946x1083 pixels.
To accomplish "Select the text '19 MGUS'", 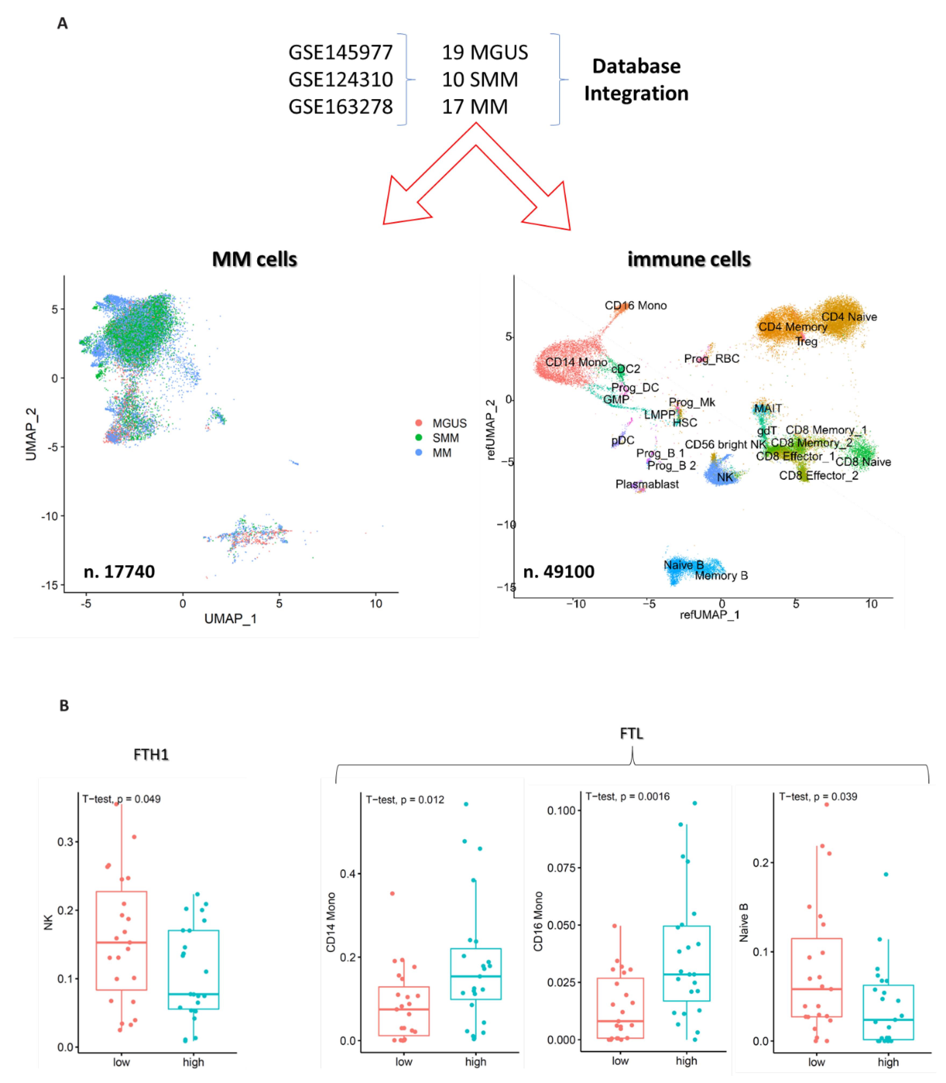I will point(485,52).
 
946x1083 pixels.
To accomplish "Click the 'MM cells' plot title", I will point(255,259).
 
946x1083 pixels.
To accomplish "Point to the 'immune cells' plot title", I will point(689,259).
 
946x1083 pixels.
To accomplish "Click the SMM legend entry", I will point(445,438).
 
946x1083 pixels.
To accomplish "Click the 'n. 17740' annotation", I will point(119,572).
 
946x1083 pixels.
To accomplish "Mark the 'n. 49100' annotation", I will point(559,572).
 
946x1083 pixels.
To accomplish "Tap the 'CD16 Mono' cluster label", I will point(636,305).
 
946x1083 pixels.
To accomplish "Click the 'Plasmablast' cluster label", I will point(647,484).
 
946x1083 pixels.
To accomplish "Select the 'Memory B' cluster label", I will point(721,575).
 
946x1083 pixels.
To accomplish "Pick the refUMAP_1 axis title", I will point(709,614).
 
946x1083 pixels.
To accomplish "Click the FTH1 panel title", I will point(151,754).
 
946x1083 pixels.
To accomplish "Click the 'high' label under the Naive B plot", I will point(888,1062).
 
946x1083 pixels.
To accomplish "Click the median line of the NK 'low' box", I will point(122,942).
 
